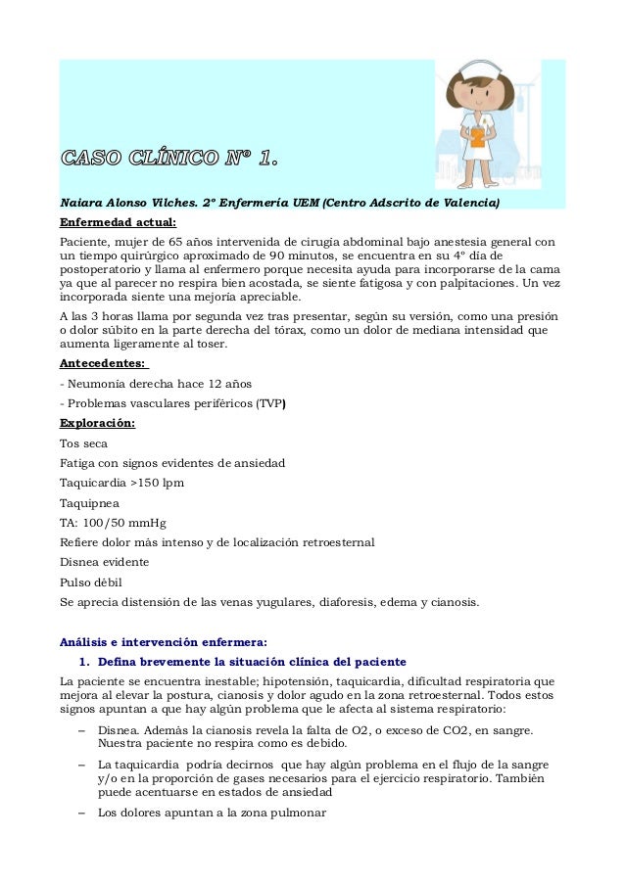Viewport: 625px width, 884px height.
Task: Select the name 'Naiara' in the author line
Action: [x=80, y=204]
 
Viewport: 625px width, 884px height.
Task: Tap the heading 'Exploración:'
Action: [x=98, y=424]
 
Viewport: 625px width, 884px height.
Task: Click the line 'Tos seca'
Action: [x=83, y=443]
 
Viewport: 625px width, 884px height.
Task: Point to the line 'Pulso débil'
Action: [x=89, y=582]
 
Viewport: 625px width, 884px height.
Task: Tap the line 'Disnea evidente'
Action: [x=104, y=562]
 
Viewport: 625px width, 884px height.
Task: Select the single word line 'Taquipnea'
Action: [x=89, y=503]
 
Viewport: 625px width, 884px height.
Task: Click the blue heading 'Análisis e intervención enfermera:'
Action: [x=163, y=642]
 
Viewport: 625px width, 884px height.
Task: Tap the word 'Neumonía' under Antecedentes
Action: [x=100, y=383]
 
